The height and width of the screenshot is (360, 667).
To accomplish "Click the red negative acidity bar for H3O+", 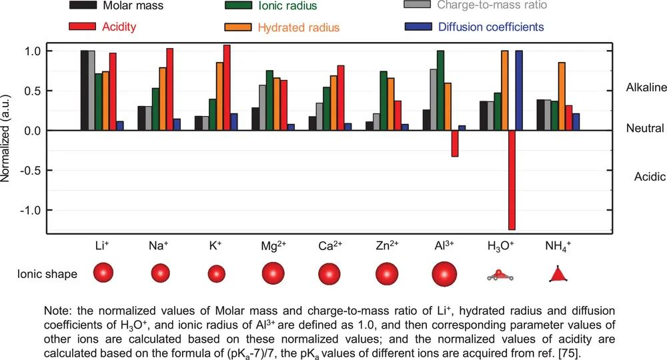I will (512, 180).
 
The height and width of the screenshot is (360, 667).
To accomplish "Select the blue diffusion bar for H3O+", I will (519, 91).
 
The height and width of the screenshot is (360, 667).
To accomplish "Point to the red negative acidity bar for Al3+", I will (455, 143).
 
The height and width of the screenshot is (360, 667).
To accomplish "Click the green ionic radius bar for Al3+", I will (440, 91).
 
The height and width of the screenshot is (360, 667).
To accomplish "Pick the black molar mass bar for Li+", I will (84, 91).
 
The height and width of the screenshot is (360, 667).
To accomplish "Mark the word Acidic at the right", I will (650, 177).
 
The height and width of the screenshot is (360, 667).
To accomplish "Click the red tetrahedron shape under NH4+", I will (558, 274).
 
